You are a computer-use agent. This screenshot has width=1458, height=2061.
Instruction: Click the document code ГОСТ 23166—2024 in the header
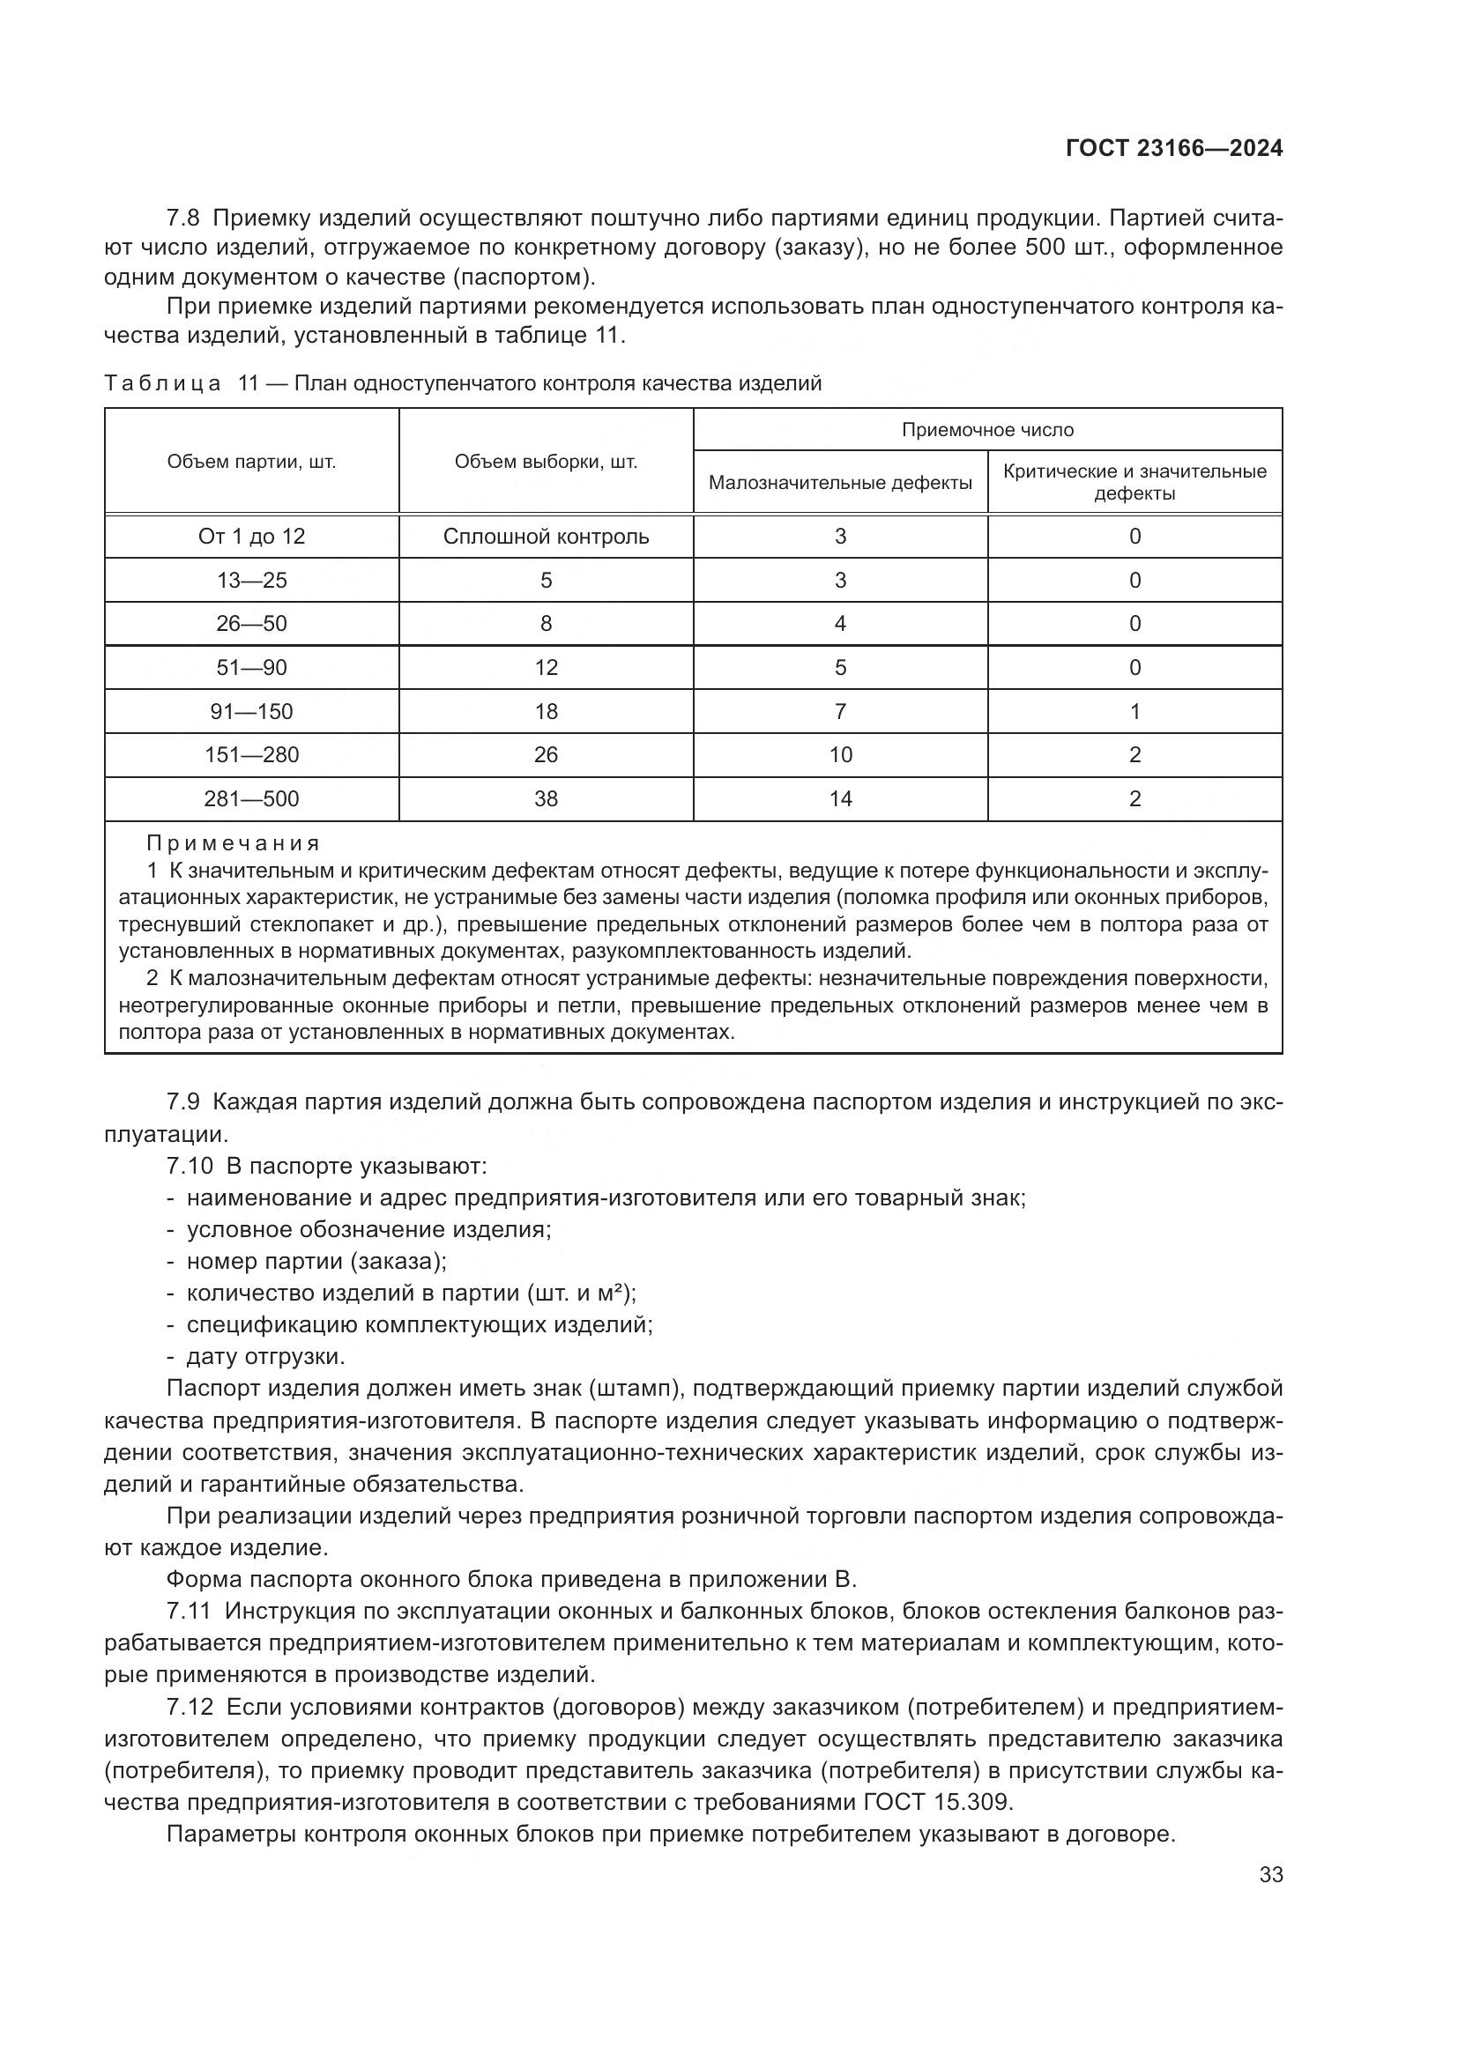(x=1173, y=149)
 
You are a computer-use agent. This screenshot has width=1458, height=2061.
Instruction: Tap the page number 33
(x=1270, y=1874)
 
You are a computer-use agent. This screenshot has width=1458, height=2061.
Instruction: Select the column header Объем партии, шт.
(x=251, y=463)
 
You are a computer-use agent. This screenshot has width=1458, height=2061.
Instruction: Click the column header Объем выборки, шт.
(x=546, y=463)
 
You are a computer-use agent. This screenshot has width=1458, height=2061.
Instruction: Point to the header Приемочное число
(x=987, y=430)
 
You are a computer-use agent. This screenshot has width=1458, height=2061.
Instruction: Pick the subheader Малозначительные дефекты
(x=840, y=483)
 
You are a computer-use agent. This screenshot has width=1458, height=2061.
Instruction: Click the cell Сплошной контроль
(x=546, y=537)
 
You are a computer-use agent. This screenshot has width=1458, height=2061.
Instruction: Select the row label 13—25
(x=251, y=581)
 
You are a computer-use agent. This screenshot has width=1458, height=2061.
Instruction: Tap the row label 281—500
(x=251, y=799)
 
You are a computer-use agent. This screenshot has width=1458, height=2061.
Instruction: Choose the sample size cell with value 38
(x=546, y=799)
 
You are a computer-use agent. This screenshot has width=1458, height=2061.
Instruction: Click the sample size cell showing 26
(x=546, y=755)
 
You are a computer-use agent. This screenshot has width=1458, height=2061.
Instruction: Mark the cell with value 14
(x=840, y=799)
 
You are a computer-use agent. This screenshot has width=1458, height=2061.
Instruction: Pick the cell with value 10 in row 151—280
(x=840, y=755)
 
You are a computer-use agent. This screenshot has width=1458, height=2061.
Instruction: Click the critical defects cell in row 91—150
(x=1134, y=712)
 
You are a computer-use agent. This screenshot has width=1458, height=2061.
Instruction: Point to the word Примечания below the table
(x=234, y=844)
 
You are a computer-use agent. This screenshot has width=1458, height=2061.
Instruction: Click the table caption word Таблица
(x=162, y=384)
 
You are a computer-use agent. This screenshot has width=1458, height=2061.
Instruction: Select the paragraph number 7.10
(x=190, y=1166)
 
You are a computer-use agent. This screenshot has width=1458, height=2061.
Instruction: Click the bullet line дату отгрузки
(x=265, y=1355)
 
